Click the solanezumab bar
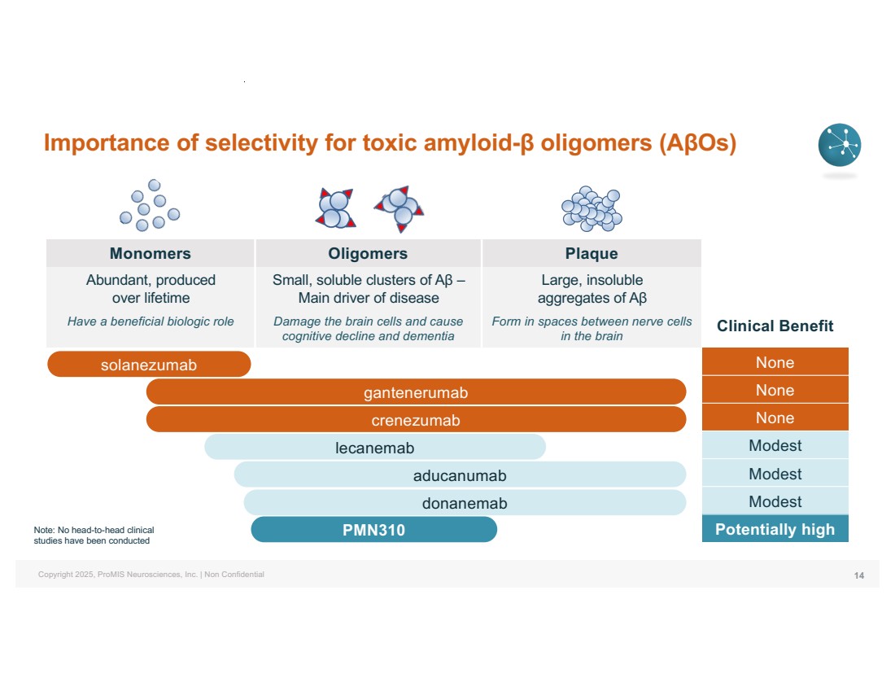pos(149,364)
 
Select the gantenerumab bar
pos(416,392)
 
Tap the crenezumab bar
pos(416,420)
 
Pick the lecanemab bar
pos(374,447)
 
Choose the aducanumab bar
pos(460,475)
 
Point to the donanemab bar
pos(464,502)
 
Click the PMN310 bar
pos(373,530)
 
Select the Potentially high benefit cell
pos(775,529)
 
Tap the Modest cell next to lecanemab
pos(775,446)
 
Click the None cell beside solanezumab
pos(775,362)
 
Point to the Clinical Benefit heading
pos(775,326)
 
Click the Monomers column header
pos(151,253)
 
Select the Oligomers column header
pos(368,253)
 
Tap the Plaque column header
pos(592,253)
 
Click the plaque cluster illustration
pos(592,209)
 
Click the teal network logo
pos(839,146)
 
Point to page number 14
pos(858,575)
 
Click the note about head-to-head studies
pos(94,535)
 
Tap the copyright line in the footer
pos(151,575)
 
